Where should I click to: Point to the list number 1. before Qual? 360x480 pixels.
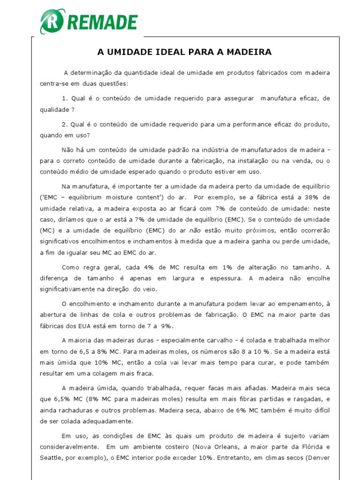coord(65,98)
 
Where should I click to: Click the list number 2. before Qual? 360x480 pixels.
coord(65,125)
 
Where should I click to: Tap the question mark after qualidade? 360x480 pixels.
coord(73,109)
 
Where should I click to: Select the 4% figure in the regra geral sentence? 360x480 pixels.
coord(148,267)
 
